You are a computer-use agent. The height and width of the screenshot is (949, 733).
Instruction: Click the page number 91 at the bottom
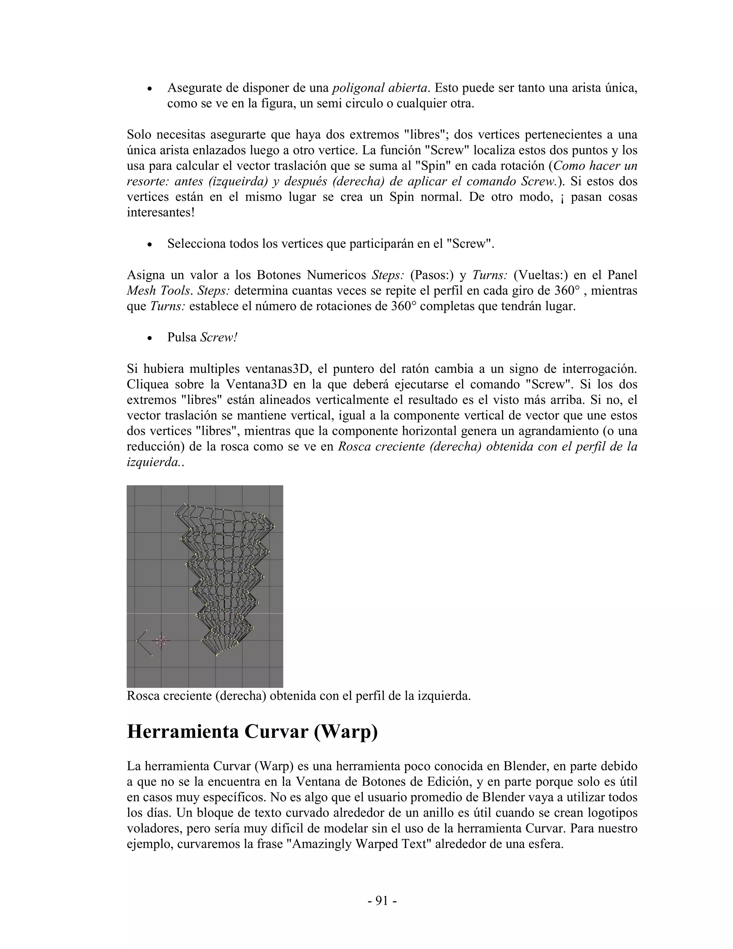point(382,901)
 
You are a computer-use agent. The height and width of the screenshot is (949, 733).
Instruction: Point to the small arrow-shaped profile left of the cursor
point(143,642)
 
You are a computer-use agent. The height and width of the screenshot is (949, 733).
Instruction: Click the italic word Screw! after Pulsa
point(219,338)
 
